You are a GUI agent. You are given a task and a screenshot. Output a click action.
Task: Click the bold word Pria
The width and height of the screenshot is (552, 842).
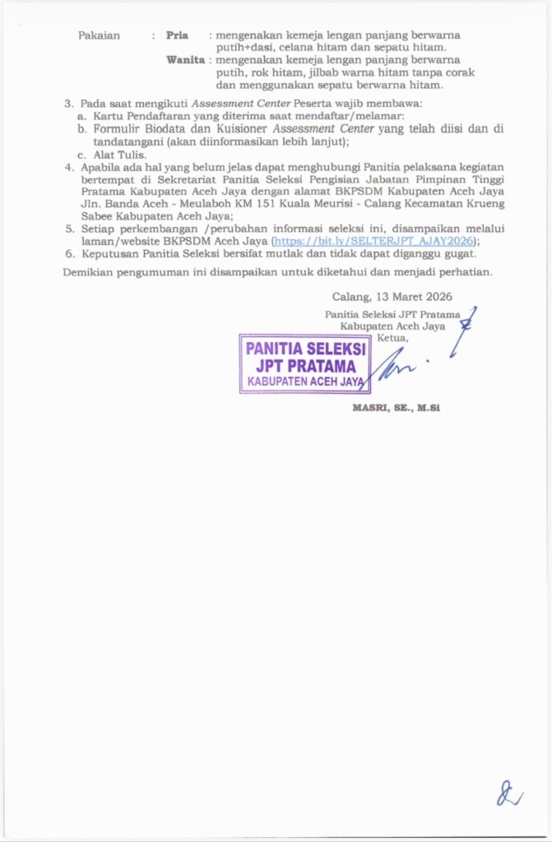[177, 35]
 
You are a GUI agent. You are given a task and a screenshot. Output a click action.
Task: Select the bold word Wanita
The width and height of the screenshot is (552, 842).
[184, 60]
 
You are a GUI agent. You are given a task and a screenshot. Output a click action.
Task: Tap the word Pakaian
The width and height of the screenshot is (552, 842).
[99, 35]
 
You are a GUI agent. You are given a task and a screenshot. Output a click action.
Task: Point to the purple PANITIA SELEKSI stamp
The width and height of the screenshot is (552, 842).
[304, 363]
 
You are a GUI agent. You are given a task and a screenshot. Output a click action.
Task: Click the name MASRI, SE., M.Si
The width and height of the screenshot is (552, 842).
[397, 408]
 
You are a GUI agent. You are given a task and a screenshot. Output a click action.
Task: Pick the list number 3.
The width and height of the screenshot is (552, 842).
[69, 104]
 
